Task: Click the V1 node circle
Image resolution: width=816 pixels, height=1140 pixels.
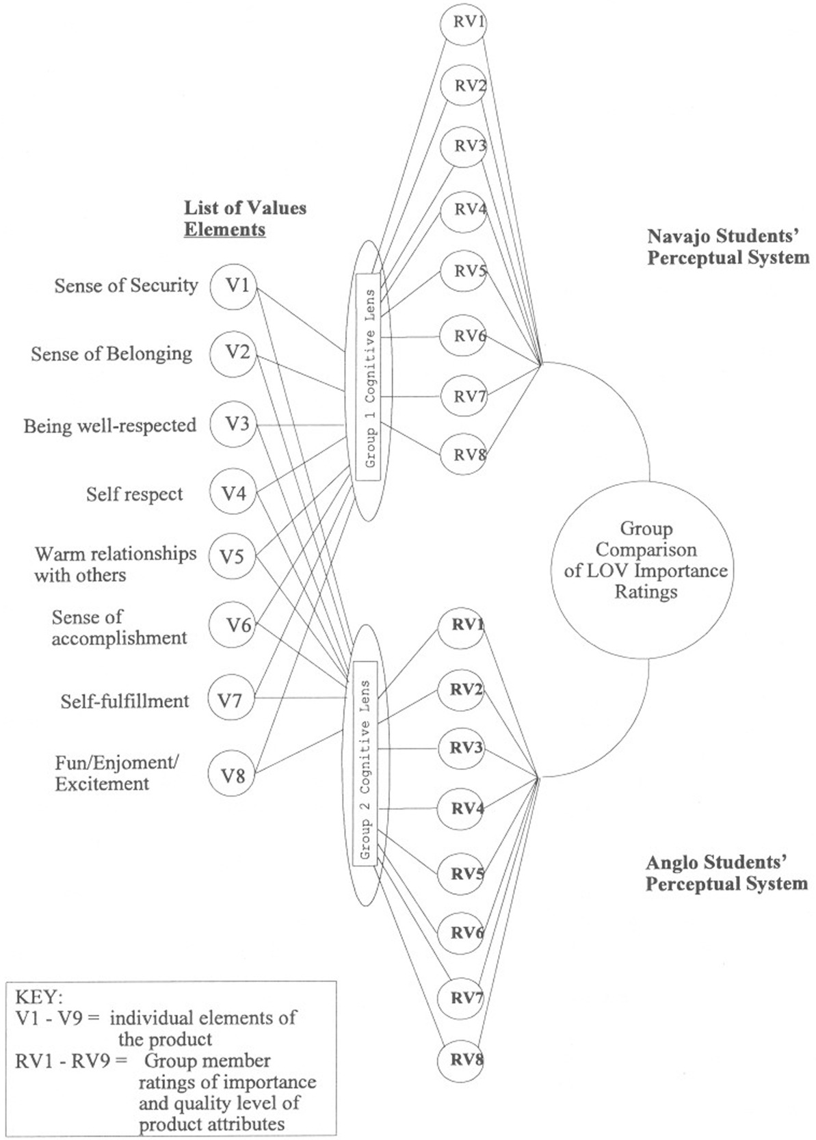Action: pyautogui.click(x=235, y=285)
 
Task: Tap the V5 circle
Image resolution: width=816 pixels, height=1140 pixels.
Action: pyautogui.click(x=232, y=557)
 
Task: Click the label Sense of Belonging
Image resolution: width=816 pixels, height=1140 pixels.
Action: pyautogui.click(x=111, y=354)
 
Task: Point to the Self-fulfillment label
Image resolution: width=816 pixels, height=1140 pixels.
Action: pyautogui.click(x=124, y=701)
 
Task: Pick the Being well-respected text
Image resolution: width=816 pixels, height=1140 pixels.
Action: pyautogui.click(x=109, y=425)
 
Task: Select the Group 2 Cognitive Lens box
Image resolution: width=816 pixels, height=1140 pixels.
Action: pyautogui.click(x=365, y=764)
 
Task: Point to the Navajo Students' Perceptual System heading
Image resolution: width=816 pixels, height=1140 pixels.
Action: pyautogui.click(x=728, y=247)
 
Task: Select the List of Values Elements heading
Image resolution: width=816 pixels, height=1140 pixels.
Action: pyautogui.click(x=244, y=218)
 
